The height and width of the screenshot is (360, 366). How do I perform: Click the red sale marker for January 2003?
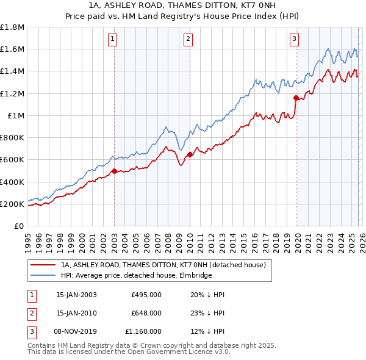tap(114, 171)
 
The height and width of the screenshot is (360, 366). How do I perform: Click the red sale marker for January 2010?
tap(190, 154)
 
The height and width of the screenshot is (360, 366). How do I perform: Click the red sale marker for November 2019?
tap(296, 98)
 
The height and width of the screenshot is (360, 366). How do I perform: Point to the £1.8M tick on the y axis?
tap(12, 27)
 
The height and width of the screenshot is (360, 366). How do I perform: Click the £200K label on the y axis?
tap(12, 204)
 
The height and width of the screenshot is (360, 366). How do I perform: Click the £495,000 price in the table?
tap(146, 294)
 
